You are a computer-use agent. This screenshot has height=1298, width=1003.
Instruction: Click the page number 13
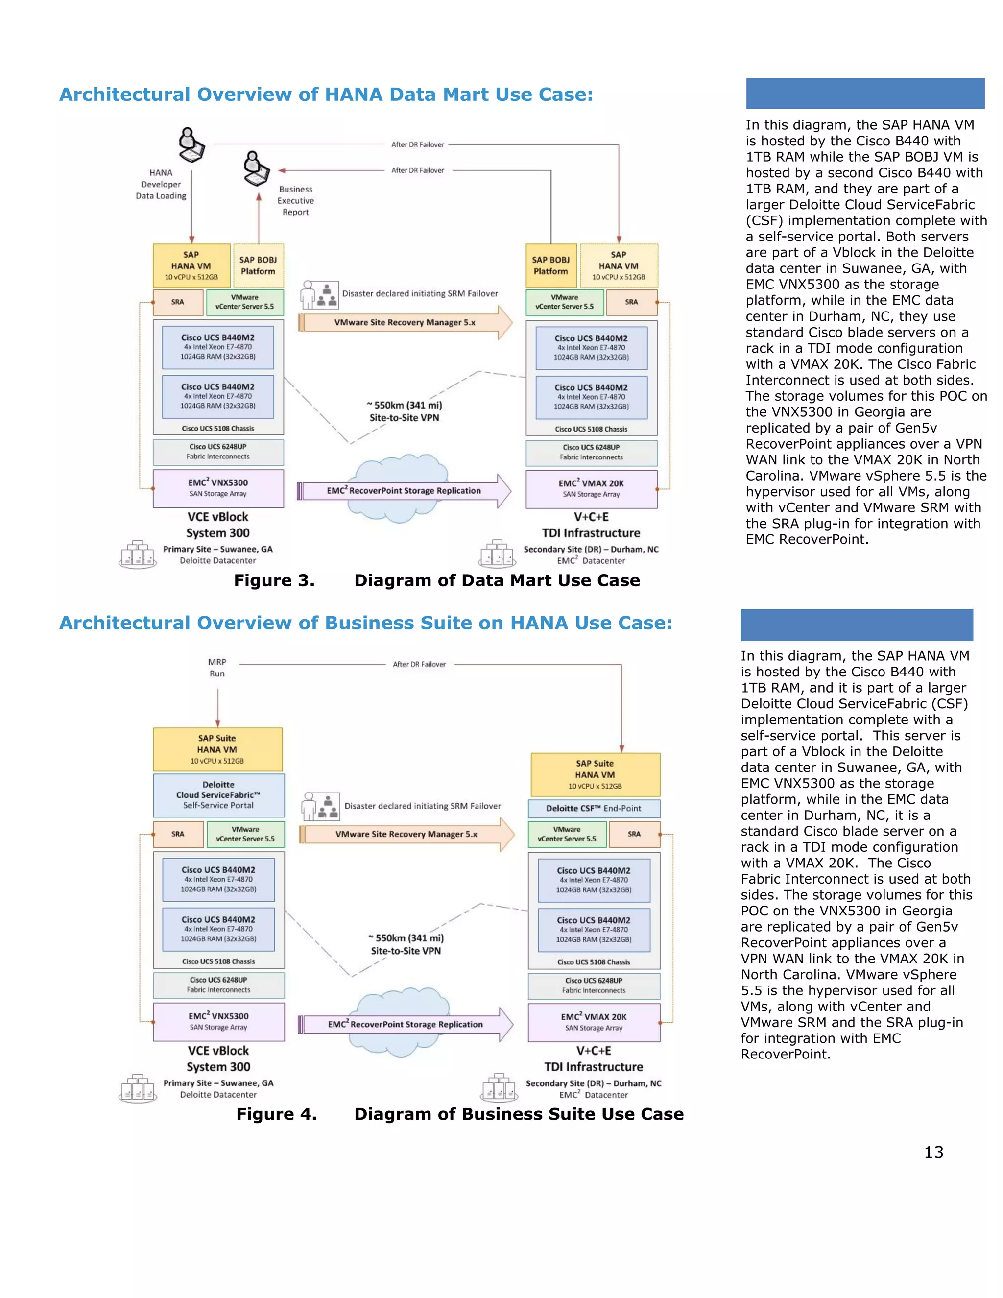(x=933, y=1153)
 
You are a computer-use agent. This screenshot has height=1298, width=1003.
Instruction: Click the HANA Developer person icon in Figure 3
(x=191, y=145)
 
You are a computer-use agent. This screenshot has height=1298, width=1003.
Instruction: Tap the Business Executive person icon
(x=256, y=169)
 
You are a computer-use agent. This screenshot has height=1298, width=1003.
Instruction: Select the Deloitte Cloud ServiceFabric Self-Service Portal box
(x=218, y=794)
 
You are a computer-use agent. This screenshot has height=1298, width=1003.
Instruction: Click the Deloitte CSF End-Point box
(x=594, y=808)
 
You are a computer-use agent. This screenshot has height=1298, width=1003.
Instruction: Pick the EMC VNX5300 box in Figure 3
(x=218, y=488)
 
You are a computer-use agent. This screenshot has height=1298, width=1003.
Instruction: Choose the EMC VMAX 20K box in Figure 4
(x=594, y=1022)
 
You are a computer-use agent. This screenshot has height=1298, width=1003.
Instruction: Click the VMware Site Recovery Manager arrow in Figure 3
(x=405, y=323)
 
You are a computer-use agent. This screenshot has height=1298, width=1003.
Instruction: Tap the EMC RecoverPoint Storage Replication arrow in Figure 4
(x=405, y=1024)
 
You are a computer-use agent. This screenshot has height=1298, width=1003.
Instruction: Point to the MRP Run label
(x=217, y=668)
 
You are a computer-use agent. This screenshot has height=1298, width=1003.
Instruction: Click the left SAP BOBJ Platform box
(x=258, y=265)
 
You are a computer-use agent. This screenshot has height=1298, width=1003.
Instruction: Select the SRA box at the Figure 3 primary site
(x=178, y=302)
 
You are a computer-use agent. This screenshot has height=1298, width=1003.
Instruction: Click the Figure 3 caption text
(x=437, y=580)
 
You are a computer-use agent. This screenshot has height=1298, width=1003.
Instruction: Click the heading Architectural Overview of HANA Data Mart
(x=326, y=95)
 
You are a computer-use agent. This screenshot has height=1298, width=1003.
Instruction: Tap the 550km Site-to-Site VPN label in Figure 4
(x=406, y=944)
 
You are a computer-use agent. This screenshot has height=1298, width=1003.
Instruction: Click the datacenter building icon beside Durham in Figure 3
(x=497, y=554)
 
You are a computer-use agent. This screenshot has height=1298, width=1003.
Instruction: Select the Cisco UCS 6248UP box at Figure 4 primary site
(x=218, y=985)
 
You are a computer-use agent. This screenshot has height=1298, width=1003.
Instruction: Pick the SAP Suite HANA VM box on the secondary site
(x=595, y=774)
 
